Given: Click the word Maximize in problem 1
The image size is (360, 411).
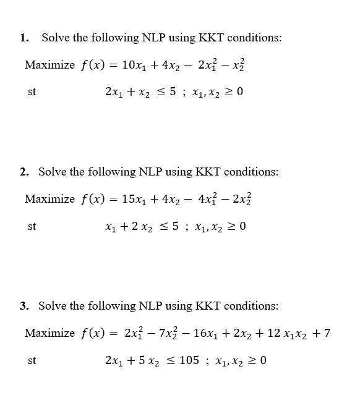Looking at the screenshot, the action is (49, 65).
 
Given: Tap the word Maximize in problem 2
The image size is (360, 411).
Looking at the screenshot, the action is (49, 199).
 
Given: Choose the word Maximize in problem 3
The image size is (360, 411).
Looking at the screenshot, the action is (49, 334).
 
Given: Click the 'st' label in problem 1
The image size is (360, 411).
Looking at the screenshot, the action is (32, 92).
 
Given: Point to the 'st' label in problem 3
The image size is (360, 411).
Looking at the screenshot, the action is (32, 360).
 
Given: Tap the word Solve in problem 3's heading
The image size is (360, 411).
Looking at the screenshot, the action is (53, 305).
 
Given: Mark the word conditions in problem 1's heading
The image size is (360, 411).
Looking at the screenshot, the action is (255, 38).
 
